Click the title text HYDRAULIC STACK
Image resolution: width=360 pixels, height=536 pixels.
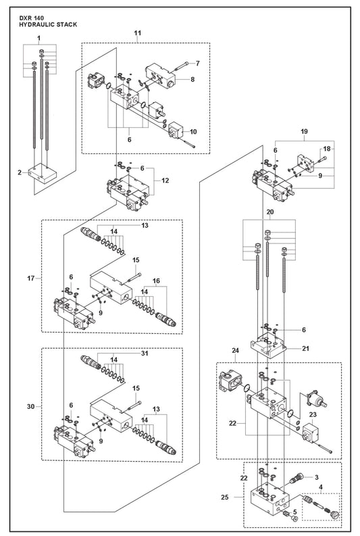point(48,24)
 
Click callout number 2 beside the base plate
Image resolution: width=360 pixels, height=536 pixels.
point(20,172)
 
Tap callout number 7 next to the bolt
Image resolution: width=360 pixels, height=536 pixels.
point(197,64)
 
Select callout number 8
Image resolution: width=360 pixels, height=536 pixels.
point(192,79)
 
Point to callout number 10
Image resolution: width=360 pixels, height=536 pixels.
point(193,132)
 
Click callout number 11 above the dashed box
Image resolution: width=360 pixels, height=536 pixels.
point(137,33)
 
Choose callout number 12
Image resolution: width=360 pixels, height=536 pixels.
point(165,180)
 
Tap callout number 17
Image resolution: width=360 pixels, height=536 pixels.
point(31,278)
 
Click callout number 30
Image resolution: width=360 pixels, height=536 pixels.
point(31,406)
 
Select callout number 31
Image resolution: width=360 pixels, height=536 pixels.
point(145,353)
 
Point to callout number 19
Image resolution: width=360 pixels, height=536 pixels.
point(305,131)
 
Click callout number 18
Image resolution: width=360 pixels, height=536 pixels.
point(327,148)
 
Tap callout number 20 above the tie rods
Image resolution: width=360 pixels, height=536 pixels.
point(270,212)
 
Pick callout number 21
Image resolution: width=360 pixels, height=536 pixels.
point(306,348)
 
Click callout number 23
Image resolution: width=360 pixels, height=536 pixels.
point(313,414)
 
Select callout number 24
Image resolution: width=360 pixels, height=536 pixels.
point(235,350)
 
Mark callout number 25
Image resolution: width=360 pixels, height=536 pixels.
point(224,497)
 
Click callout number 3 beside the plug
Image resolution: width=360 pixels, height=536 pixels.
point(317,477)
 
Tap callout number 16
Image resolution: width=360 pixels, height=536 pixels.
point(156,281)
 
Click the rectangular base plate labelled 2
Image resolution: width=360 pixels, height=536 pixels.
point(43,173)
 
